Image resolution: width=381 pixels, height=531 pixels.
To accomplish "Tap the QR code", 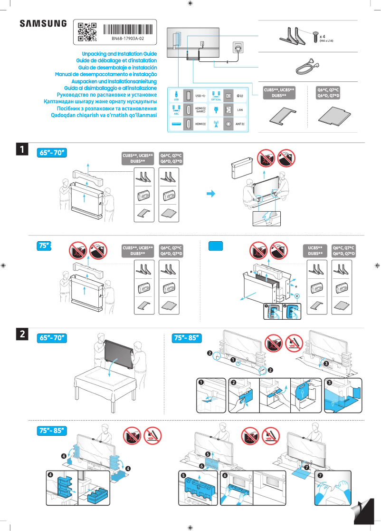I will (x=87, y=31).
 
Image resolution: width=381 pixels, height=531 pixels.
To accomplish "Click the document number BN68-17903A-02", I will (x=128, y=38).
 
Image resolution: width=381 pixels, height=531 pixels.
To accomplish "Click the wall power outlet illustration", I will (x=238, y=48).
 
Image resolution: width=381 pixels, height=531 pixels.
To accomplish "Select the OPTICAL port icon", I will (x=216, y=95).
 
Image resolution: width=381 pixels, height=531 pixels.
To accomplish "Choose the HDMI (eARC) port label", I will (x=200, y=110).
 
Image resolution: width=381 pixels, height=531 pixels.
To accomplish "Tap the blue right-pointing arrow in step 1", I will (x=210, y=194).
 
